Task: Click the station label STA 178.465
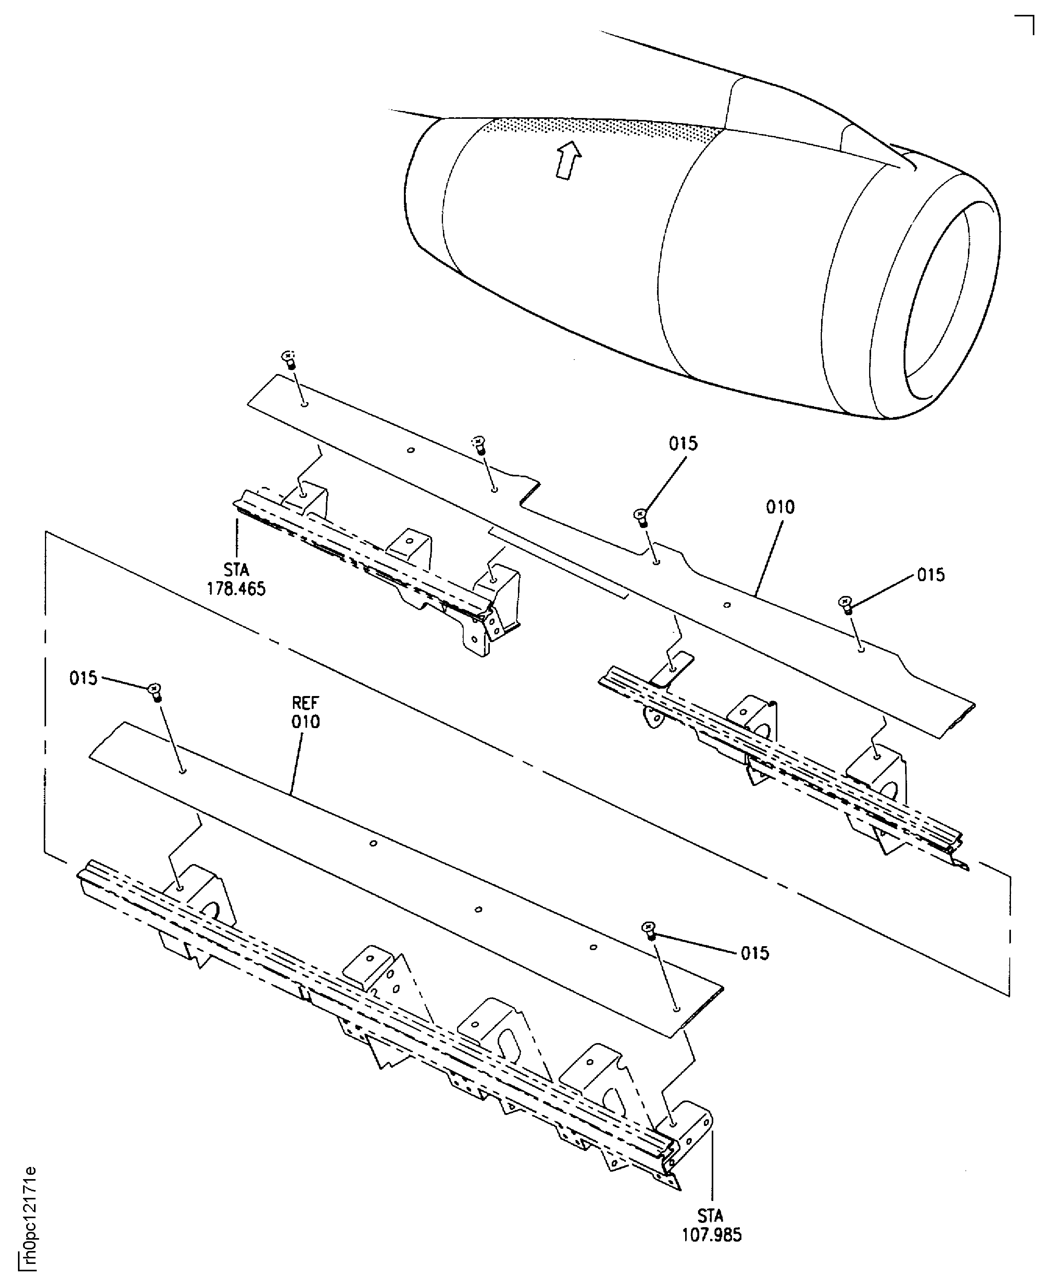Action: coord(236,579)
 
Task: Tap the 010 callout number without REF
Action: coord(780,507)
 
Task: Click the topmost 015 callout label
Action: coord(683,444)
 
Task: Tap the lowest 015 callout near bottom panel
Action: coord(755,954)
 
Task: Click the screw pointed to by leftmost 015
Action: coord(155,691)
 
